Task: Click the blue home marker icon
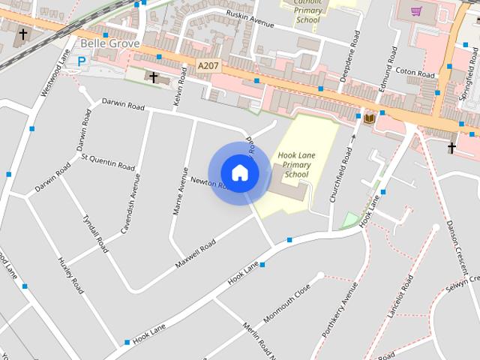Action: (x=239, y=172)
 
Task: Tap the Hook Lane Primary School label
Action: (x=293, y=165)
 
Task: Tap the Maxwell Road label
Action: (x=195, y=254)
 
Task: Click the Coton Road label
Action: (x=415, y=74)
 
